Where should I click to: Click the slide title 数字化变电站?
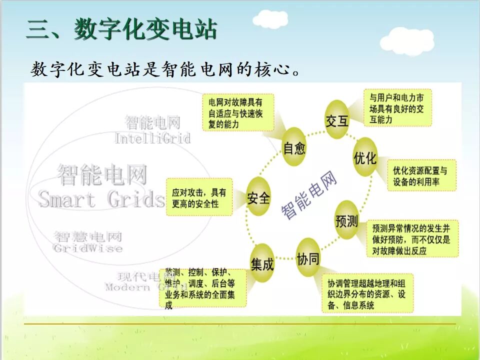[121, 29]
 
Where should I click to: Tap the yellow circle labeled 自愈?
[293, 147]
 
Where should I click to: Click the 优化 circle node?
[365, 158]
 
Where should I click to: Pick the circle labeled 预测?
[346, 220]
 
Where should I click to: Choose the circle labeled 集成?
[262, 264]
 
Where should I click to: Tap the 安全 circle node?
[258, 198]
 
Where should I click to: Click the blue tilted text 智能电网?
[309, 195]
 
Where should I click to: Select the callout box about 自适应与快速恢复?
[238, 112]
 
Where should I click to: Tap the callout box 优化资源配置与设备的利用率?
[421, 175]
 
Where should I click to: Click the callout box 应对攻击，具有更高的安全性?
[199, 197]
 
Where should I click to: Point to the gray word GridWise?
[87, 248]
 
